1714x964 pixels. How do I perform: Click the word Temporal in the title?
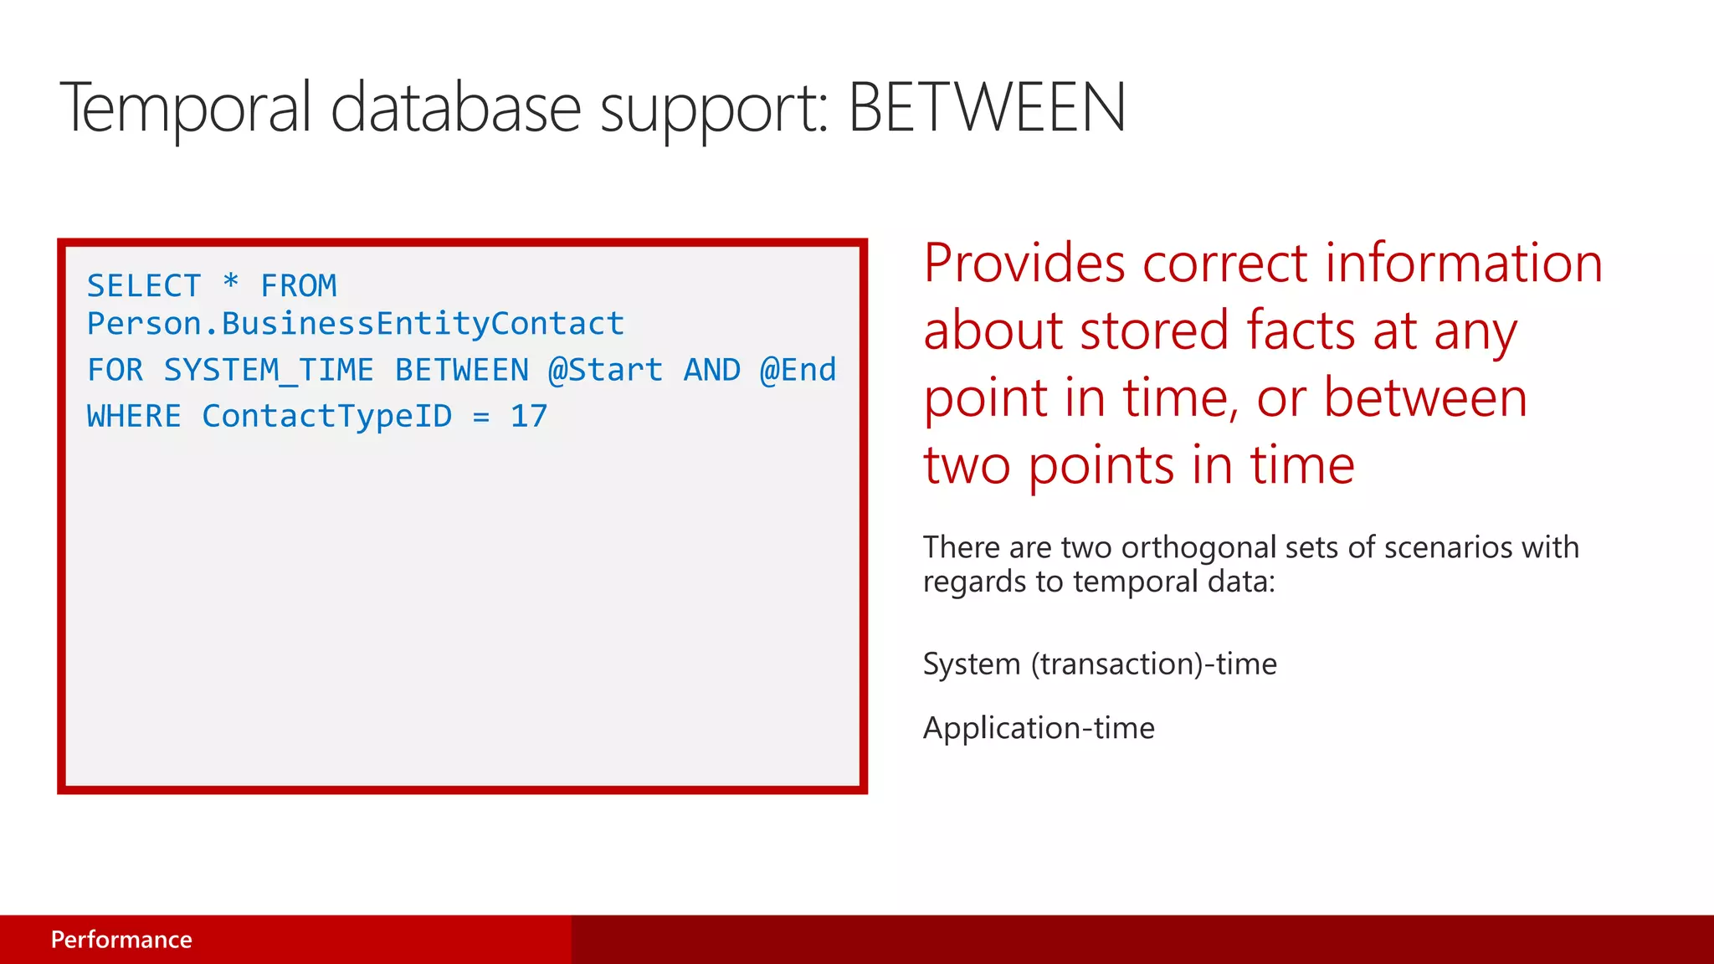tap(185, 108)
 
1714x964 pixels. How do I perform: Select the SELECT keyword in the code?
tap(144, 286)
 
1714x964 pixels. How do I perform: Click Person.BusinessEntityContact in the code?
tap(356, 324)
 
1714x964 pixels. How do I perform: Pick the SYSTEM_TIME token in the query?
tap(268, 370)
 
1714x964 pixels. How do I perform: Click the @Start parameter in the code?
tap(605, 370)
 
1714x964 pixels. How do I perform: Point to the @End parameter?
tap(798, 370)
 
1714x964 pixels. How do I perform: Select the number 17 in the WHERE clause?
tap(529, 416)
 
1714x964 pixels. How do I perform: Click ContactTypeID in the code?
tap(326, 416)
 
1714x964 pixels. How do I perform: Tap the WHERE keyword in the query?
tap(134, 416)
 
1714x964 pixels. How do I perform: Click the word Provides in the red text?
tap(1024, 264)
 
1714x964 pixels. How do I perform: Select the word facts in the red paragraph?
tap(1300, 331)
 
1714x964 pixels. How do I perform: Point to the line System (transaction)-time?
tap(1100, 664)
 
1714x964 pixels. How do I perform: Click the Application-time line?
tap(1039, 728)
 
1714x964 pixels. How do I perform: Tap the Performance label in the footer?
tap(121, 940)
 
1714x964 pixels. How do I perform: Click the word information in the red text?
tap(1464, 264)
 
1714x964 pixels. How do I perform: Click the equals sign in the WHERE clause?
tap(481, 417)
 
